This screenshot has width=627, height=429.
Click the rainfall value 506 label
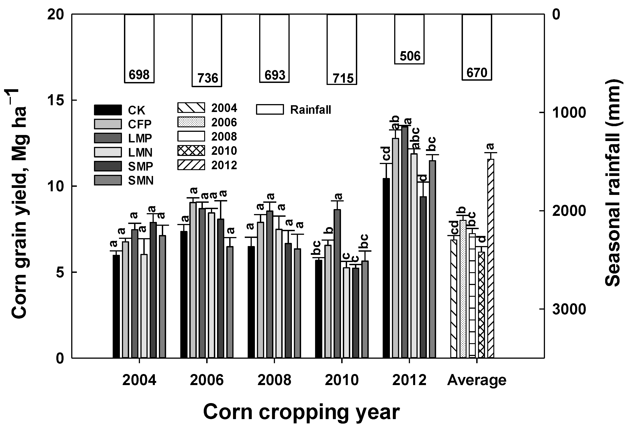[x=410, y=56]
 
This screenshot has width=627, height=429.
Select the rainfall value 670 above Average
[x=477, y=73]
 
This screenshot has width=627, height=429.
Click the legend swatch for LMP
[x=108, y=138]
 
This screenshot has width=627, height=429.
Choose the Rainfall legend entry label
[x=310, y=110]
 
